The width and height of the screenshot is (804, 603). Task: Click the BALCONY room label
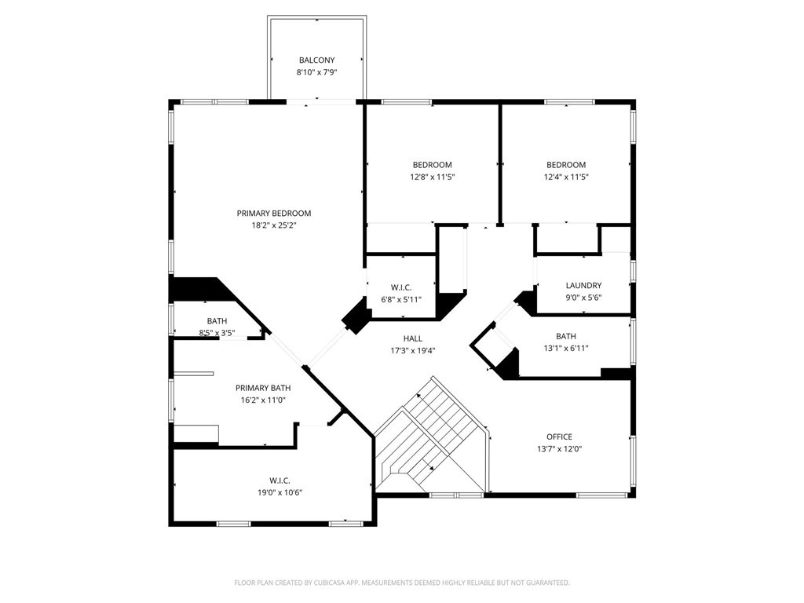click(316, 60)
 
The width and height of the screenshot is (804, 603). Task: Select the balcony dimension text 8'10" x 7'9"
click(316, 72)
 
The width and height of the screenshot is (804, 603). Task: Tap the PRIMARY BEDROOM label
click(274, 213)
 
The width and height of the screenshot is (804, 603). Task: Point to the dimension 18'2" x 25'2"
click(274, 225)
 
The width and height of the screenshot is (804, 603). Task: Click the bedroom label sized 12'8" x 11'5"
click(432, 165)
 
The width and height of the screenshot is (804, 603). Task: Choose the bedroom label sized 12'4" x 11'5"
click(566, 165)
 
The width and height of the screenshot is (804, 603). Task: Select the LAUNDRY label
click(583, 285)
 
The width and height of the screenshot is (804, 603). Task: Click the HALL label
click(413, 338)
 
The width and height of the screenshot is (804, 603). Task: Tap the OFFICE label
click(559, 437)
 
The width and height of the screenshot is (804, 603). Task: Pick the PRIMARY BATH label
click(263, 388)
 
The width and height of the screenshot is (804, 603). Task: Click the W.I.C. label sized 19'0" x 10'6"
click(280, 480)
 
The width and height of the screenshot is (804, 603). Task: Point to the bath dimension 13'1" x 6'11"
click(565, 349)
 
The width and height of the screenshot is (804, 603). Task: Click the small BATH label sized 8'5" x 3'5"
click(217, 321)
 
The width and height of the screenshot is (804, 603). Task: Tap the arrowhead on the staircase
click(431, 469)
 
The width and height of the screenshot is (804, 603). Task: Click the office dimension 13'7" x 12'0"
click(559, 449)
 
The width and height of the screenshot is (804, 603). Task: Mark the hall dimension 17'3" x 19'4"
click(413, 351)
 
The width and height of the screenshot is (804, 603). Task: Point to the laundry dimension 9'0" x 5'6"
click(583, 298)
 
